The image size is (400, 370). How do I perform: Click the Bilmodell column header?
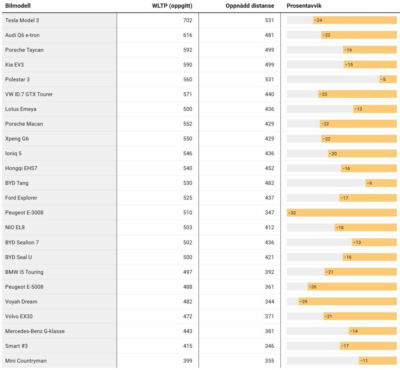coord(18,6)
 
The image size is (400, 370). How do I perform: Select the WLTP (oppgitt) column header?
coord(172,6)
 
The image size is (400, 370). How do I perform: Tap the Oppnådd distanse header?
coord(250,6)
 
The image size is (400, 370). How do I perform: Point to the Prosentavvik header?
coord(304,6)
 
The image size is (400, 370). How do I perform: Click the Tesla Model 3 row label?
coord(22,20)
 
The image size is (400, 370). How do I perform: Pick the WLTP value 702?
coord(187,20)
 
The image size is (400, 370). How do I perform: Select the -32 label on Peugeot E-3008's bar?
coord(292,213)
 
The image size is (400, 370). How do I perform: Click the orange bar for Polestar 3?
coord(387,79)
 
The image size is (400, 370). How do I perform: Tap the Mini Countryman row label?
coord(26,361)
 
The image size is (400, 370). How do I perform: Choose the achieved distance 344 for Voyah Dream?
coord(269,302)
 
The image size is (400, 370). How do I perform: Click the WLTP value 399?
coord(187,361)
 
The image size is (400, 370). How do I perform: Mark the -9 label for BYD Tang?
coord(370,183)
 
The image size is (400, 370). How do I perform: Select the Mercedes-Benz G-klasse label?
coord(35,331)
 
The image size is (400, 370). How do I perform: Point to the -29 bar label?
coord(303,302)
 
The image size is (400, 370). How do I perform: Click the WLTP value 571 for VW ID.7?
coord(187,94)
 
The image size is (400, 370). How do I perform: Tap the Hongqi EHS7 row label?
coord(21,168)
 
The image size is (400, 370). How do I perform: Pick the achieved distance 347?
coord(269,213)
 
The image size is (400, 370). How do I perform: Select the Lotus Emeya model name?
coord(21,109)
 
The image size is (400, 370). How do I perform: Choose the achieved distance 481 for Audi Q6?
coord(269,35)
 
